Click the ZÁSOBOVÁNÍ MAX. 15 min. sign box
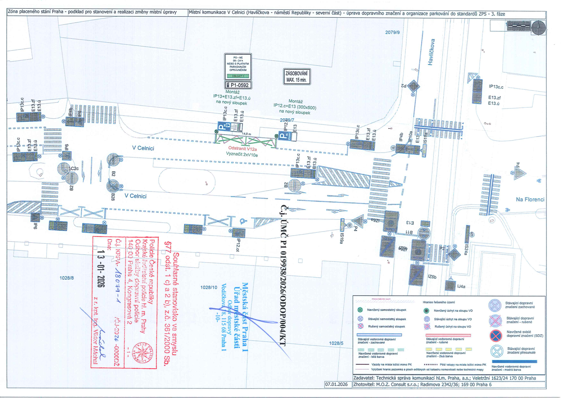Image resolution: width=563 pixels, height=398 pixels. pyautogui.click(x=297, y=77)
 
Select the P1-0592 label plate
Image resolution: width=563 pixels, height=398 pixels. pyautogui.click(x=238, y=85)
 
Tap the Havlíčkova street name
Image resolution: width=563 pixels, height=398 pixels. pyautogui.click(x=432, y=52)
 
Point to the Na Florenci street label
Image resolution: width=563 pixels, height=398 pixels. pyautogui.click(x=530, y=199)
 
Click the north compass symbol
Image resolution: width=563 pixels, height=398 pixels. pyautogui.click(x=538, y=28)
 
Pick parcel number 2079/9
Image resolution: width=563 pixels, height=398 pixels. pyautogui.click(x=392, y=32)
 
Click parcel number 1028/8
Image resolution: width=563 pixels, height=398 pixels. pyautogui.click(x=66, y=278)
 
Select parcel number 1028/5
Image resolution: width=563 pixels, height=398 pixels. pyautogui.click(x=336, y=343)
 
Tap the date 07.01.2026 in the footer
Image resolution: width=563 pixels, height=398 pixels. pyautogui.click(x=336, y=384)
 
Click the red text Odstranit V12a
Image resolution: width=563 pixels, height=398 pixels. pyautogui.click(x=242, y=149)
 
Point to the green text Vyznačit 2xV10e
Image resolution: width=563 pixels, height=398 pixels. pyautogui.click(x=242, y=154)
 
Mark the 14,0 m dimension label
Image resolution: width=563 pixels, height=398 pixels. pyautogui.click(x=247, y=134)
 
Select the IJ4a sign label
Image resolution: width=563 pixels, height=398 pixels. pyautogui.click(x=461, y=286)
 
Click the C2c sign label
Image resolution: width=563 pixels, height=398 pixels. pyautogui.click(x=74, y=168)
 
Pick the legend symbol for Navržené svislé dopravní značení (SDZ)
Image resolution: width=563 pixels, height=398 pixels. pyautogui.click(x=496, y=336)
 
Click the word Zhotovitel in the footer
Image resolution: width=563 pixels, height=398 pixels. pyautogui.click(x=364, y=384)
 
